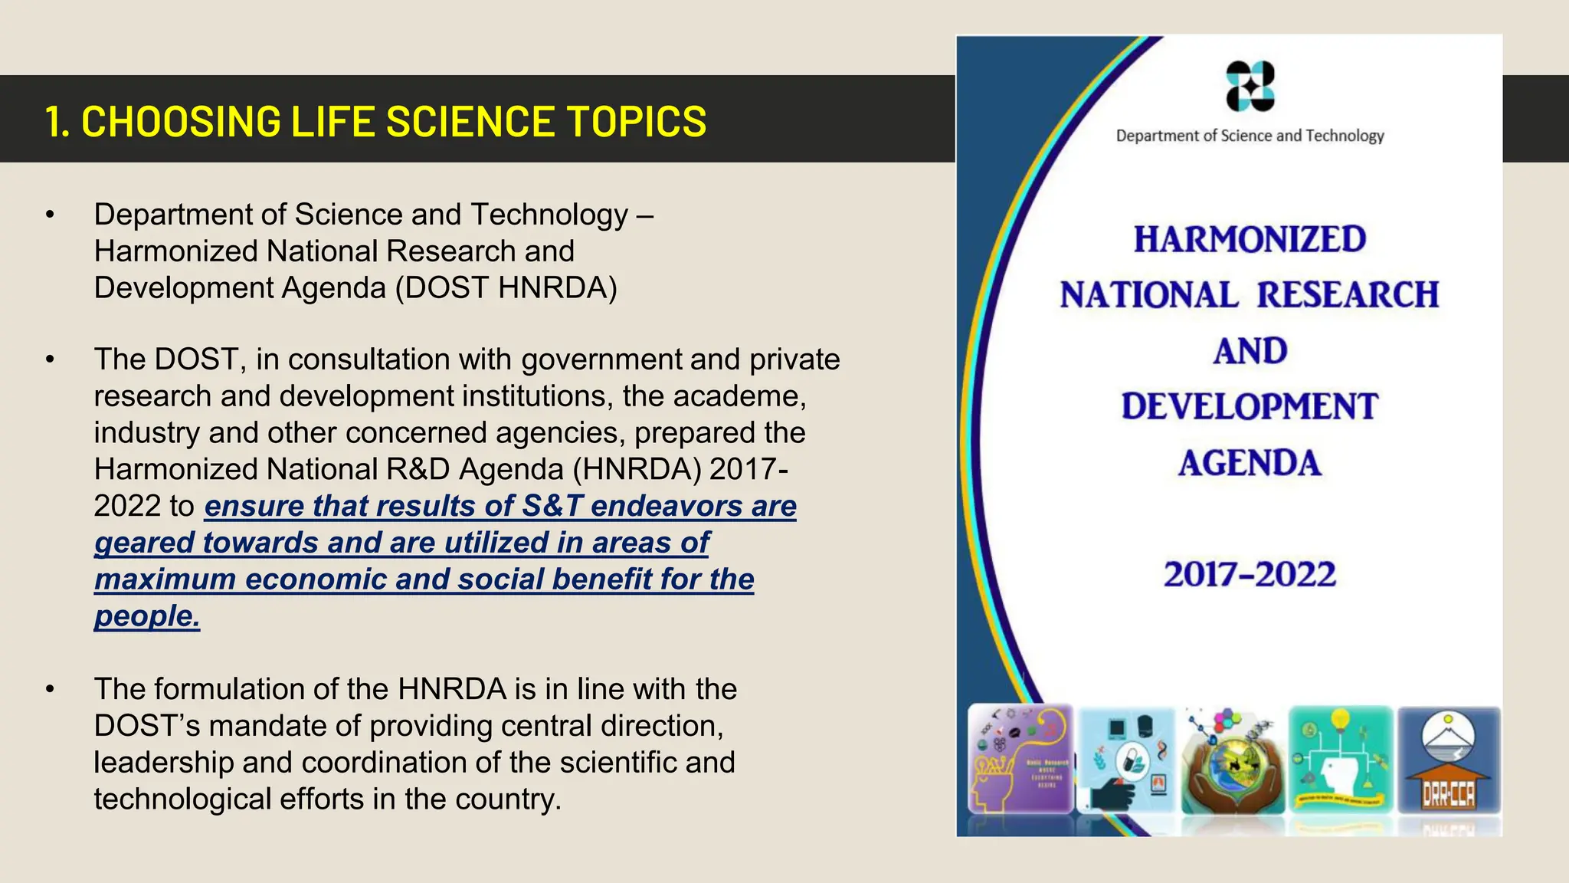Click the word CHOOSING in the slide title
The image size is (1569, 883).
[181, 122]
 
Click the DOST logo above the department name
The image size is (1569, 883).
[1250, 86]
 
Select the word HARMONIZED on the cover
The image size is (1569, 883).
[1250, 239]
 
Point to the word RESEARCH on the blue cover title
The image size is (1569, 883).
[1348, 295]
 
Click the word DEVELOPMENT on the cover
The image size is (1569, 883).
[1250, 407]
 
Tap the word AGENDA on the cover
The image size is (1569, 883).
[1250, 463]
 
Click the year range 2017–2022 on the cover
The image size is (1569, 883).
[1250, 575]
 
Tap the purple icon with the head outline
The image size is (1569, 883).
[1020, 760]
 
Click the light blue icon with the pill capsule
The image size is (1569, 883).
[1125, 760]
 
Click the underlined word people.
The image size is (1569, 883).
[146, 616]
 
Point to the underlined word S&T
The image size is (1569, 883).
[552, 506]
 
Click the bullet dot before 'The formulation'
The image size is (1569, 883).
[50, 689]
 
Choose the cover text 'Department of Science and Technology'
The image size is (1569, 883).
[1250, 136]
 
